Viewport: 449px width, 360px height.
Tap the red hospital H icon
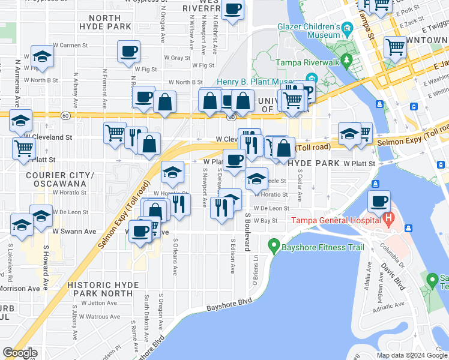tap(389, 219)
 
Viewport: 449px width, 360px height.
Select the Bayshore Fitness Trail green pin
tap(274, 245)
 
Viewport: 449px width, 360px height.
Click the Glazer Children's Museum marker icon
tap(347, 28)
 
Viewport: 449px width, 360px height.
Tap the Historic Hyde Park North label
tap(100, 289)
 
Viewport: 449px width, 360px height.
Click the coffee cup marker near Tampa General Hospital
tap(379, 202)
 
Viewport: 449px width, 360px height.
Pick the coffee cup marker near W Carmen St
tap(128, 52)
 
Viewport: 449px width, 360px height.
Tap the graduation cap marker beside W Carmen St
tap(43, 57)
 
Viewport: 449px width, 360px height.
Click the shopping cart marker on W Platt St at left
tap(23, 147)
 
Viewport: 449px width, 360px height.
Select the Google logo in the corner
tap(20, 352)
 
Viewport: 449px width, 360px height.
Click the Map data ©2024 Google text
tap(412, 355)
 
